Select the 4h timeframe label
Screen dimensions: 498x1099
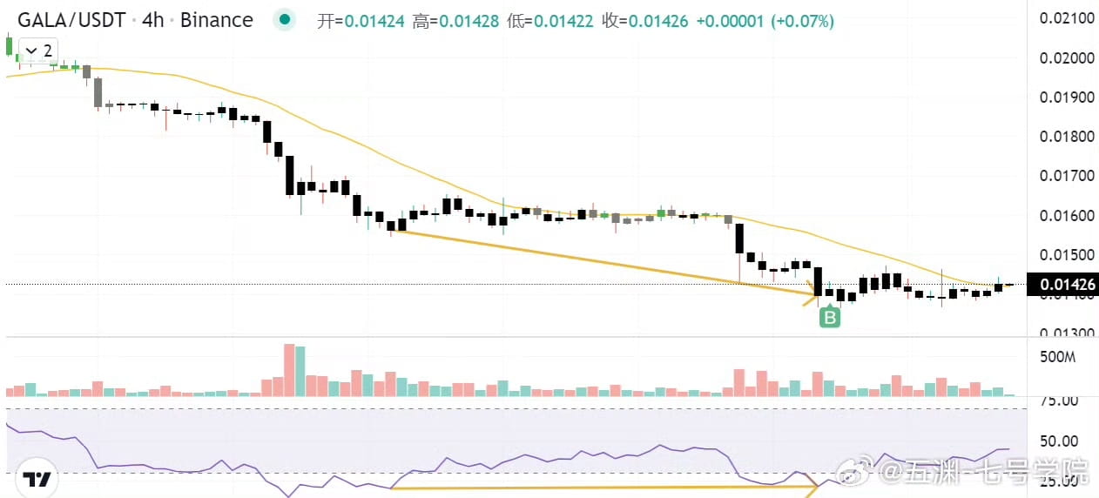tap(153, 20)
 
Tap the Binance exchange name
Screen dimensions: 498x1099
tap(217, 20)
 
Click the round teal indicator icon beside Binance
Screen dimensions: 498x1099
tap(283, 20)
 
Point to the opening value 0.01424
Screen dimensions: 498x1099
tap(374, 21)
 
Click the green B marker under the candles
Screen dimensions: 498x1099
tap(830, 318)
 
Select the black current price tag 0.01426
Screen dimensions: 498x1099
tap(1062, 284)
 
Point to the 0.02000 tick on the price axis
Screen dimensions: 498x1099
tap(1067, 57)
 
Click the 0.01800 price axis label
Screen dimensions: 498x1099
tap(1067, 136)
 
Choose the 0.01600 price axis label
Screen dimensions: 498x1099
tap(1067, 215)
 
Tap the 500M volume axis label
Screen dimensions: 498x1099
tap(1059, 357)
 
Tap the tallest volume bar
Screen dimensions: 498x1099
tap(290, 370)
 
